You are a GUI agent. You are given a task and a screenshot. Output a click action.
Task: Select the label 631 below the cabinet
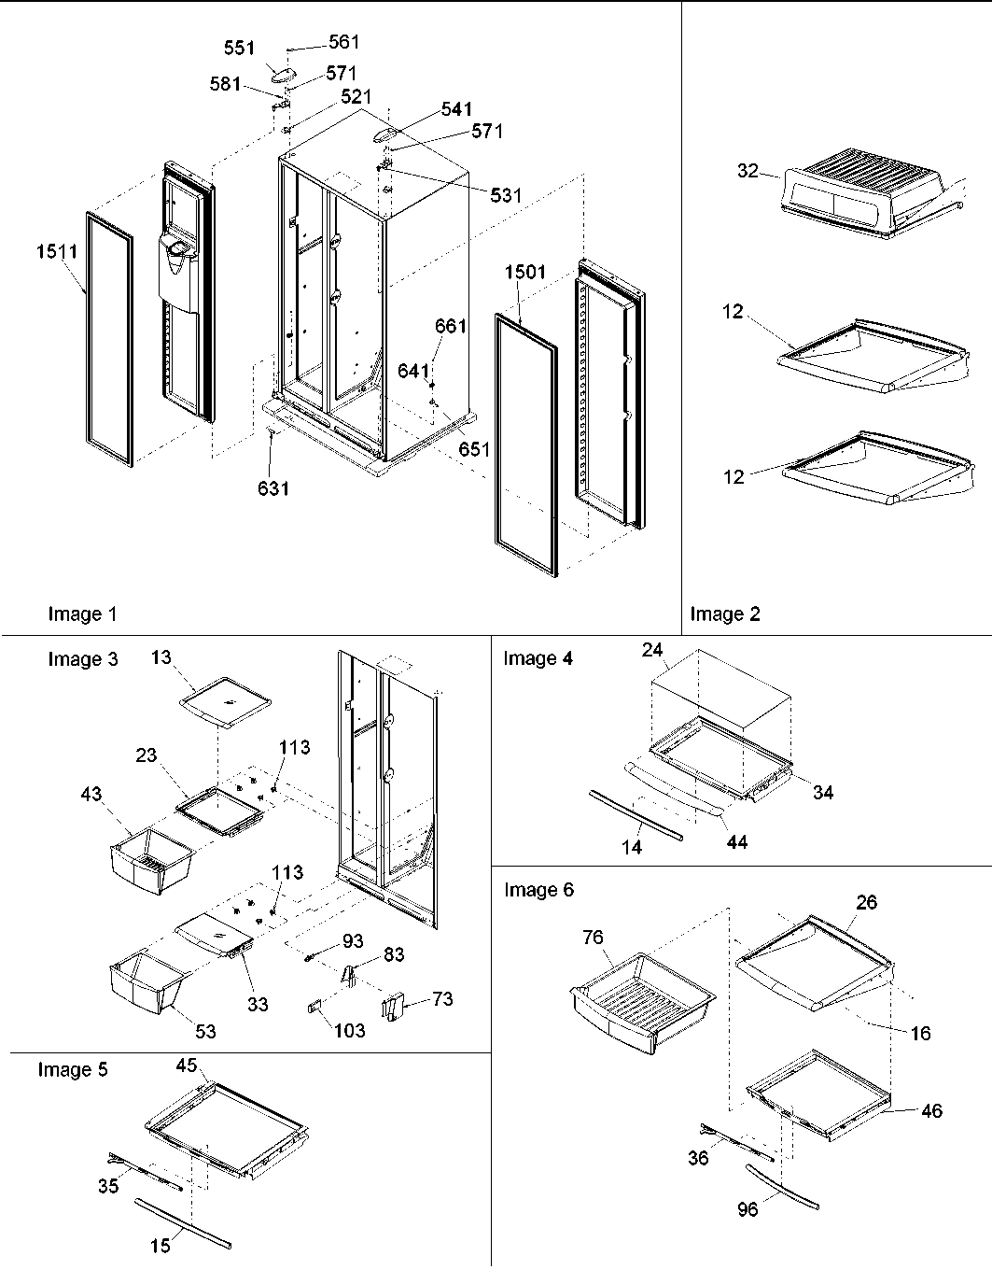point(273,487)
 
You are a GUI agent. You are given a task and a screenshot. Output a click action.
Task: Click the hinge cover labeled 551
point(280,74)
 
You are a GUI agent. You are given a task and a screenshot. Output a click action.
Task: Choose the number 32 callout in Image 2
point(747,170)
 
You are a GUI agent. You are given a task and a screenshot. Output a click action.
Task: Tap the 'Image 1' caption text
point(83,614)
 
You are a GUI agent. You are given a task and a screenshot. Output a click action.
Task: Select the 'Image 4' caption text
point(538,658)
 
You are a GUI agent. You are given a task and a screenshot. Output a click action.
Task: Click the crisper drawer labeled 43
point(151,864)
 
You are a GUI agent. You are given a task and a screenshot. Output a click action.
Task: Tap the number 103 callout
point(350,1031)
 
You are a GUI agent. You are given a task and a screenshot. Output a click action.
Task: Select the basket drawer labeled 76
point(641,994)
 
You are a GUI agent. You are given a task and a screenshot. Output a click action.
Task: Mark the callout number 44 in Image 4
point(736,842)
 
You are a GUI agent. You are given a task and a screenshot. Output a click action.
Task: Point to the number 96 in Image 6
point(748,1209)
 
